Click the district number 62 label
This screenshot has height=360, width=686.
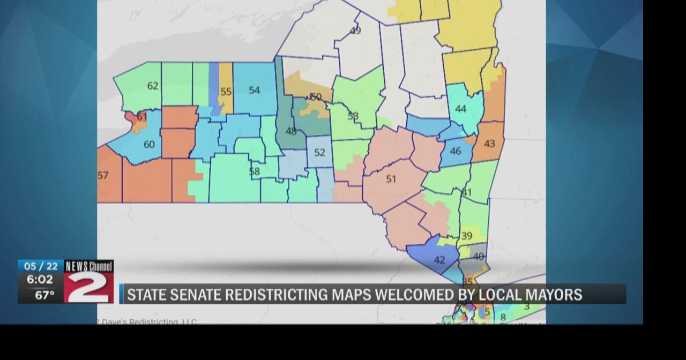click(153, 86)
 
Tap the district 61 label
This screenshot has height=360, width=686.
click(141, 116)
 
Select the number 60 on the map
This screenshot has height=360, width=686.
click(148, 144)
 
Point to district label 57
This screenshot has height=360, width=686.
click(103, 175)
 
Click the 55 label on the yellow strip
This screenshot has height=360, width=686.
click(226, 92)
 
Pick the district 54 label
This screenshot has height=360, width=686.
click(254, 90)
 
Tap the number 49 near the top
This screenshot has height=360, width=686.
click(355, 31)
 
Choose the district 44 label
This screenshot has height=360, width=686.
click(460, 109)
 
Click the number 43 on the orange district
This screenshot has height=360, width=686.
click(489, 144)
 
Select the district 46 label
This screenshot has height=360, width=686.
click(455, 151)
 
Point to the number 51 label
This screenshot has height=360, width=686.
click(391, 179)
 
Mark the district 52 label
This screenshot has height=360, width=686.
click(319, 152)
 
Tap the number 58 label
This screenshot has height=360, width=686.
click(255, 171)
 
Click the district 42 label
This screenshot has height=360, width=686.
click(439, 260)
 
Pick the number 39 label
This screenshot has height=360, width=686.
click(467, 236)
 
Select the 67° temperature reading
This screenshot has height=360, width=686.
click(44, 295)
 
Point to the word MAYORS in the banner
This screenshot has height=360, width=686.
click(556, 295)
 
